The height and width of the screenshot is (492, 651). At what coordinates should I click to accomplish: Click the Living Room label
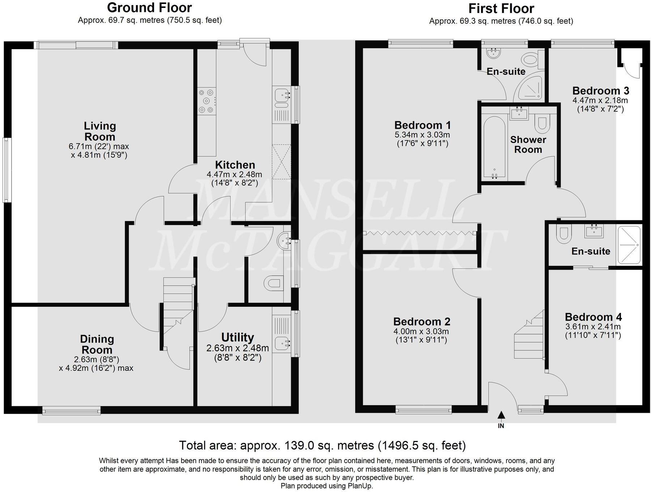click(x=100, y=131)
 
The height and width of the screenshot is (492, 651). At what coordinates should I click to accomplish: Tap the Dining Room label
click(x=97, y=344)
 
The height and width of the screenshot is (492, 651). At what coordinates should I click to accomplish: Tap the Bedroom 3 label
click(x=601, y=90)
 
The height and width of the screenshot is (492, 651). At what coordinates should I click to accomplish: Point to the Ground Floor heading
click(x=149, y=7)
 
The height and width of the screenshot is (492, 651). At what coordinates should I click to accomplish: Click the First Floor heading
click(x=501, y=8)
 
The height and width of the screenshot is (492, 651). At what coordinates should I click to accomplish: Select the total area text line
click(x=322, y=445)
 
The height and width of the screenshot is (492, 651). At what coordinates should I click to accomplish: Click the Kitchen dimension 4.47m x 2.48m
click(x=234, y=174)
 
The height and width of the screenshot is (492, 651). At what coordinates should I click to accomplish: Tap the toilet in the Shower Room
click(x=542, y=122)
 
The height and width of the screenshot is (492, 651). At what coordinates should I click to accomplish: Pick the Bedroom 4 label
click(x=593, y=317)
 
